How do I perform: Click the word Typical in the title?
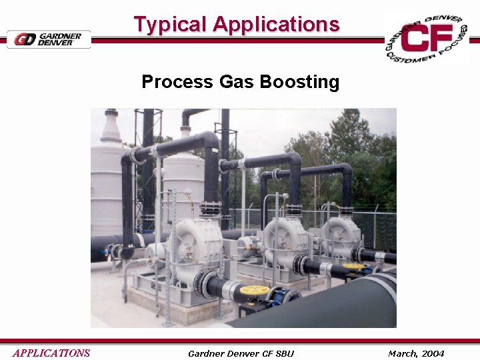(170, 25)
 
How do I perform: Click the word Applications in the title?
(276, 25)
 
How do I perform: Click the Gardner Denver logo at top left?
(49, 39)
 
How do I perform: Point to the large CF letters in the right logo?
(427, 39)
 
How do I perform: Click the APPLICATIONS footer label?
(51, 353)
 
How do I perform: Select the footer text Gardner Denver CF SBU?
(241, 353)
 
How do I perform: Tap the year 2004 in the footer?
(432, 353)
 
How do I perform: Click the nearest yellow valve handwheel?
(254, 291)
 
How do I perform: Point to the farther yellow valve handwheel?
(353, 267)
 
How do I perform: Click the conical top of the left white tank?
(111, 127)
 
